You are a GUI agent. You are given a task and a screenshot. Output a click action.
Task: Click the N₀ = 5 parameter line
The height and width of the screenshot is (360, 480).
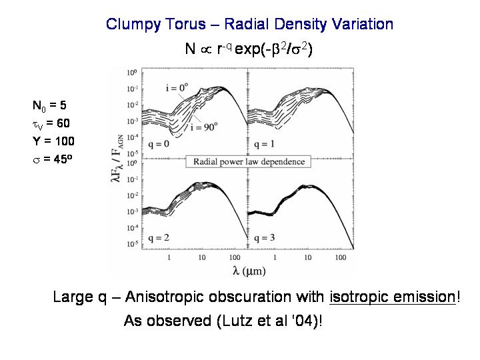coord(49,105)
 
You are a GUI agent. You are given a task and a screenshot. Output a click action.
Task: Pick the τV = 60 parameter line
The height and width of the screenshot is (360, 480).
coord(51,123)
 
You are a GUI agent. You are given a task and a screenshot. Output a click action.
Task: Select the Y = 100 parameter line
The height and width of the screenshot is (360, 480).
coord(53,141)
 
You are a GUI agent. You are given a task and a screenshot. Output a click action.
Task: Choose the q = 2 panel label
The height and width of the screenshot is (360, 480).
coord(157,237)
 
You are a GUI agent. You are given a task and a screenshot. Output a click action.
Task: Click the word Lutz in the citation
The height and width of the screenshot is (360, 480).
coord(238,321)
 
